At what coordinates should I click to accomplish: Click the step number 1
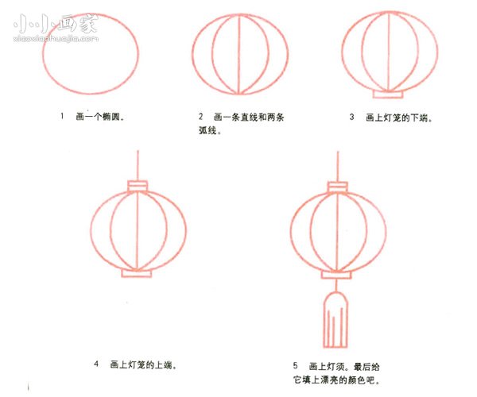61,117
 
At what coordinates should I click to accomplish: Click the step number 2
202,117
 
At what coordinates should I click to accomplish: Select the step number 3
351,117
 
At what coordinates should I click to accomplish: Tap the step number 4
96,364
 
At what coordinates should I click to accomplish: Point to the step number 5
295,365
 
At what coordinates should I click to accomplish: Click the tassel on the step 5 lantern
336,320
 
